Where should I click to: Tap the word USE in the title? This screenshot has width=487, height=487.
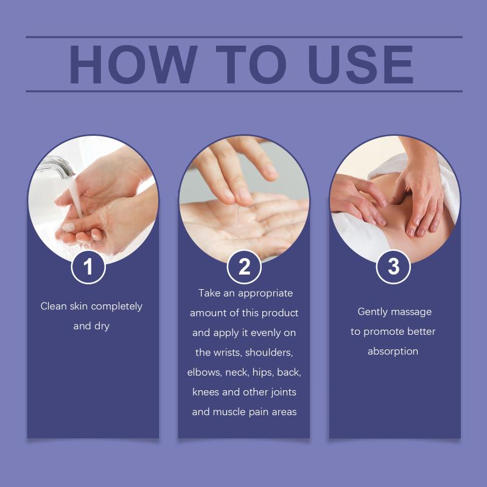360,65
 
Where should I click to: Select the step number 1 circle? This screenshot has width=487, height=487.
88,267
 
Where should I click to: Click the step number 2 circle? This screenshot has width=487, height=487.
244,267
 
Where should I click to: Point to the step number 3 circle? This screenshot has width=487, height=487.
393,267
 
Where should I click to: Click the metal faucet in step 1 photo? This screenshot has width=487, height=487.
57,166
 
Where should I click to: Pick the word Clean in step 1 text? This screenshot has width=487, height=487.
54,306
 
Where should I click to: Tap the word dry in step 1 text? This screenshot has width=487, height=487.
102,326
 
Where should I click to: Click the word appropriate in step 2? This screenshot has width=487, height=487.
265,293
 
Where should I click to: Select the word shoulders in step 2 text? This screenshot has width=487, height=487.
269,352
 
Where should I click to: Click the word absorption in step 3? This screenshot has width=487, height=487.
393,352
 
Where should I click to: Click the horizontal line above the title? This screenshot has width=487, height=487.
244,37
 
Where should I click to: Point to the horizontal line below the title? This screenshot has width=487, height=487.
244,91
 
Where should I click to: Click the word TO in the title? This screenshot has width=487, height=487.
251,65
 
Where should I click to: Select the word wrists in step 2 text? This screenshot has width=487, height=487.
227,352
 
